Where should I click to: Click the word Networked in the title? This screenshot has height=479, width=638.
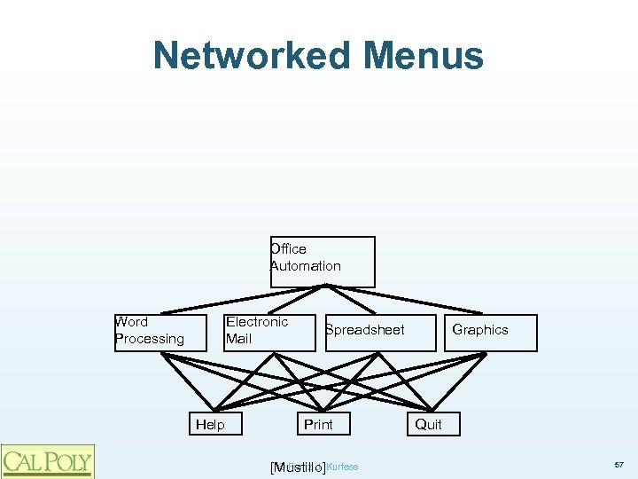coord(250,55)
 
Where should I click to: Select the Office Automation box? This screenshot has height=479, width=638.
coord(323,261)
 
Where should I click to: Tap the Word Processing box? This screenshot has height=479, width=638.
coord(159,333)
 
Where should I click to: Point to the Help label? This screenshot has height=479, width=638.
coord(210,425)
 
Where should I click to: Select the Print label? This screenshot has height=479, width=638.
coord(318,425)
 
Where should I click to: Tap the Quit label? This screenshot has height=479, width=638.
coord(428,425)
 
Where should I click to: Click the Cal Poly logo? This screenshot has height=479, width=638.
coord(48,460)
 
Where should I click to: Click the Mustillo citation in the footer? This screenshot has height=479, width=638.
coord(296,467)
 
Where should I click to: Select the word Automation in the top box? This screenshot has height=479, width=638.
coord(306,266)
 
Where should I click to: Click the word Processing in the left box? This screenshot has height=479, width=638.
coord(150,339)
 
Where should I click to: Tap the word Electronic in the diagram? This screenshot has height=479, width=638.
coord(257,322)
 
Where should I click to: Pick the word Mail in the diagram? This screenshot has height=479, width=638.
coord(239,339)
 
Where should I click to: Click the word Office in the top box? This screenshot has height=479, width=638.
coord(289,249)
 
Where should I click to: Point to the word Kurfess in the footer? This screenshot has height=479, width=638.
coord(343,466)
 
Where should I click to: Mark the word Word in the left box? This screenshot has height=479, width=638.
coord(132,322)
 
